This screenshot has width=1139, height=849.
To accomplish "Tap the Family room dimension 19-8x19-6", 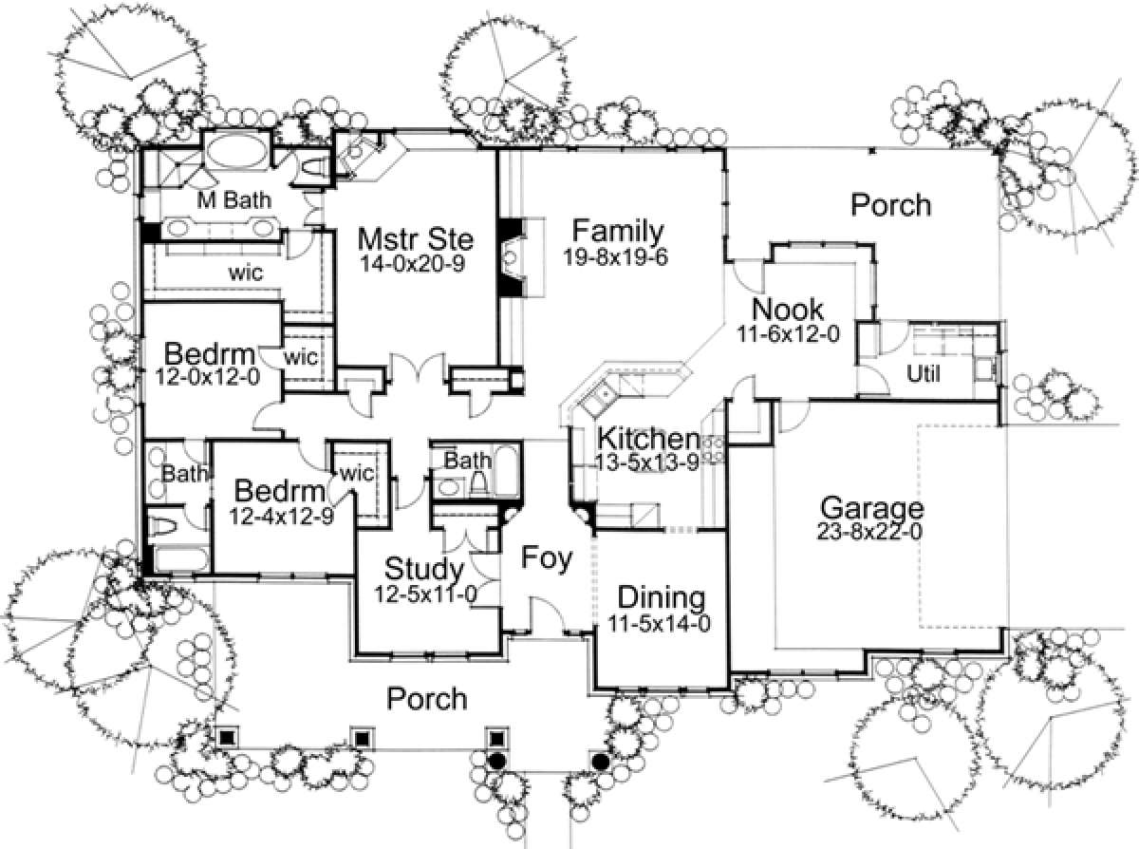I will (617, 256).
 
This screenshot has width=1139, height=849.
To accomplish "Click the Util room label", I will (924, 373).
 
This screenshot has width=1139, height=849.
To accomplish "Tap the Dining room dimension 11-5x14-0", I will (661, 624).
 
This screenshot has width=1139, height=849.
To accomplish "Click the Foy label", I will (549, 559).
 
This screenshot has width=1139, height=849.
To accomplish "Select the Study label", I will (424, 570).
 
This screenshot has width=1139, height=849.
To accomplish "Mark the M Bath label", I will (233, 200).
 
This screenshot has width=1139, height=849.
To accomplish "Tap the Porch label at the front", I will (427, 699).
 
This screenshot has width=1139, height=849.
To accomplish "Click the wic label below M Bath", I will (244, 273).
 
